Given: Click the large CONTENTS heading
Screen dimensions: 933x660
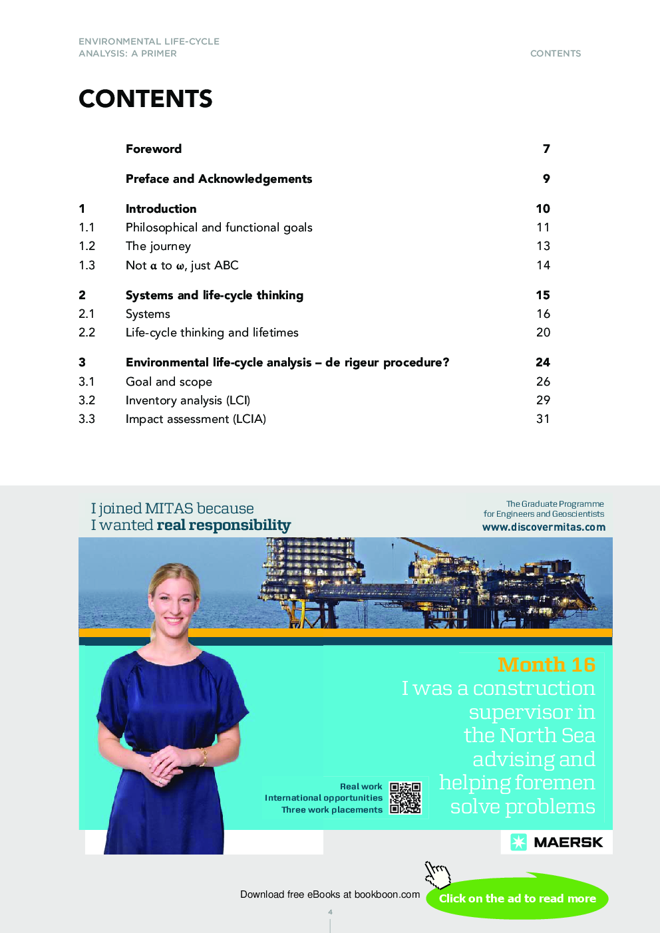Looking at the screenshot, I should [145, 99].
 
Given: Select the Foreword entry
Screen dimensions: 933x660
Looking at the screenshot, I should [154, 149].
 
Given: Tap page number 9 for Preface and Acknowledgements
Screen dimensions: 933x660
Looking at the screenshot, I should [546, 179].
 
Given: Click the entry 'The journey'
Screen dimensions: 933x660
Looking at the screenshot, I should [158, 246].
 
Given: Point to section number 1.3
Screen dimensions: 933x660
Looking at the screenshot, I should [87, 265].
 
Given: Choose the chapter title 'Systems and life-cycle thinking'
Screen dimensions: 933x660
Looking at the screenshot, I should [214, 295].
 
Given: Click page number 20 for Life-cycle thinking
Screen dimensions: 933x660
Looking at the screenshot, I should [543, 333].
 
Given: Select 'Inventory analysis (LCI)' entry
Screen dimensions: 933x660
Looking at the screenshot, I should [188, 400].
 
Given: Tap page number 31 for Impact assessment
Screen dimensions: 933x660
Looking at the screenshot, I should [543, 419].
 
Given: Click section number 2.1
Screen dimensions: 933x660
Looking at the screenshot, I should [87, 314].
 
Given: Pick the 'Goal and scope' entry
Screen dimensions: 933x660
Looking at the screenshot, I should [169, 382].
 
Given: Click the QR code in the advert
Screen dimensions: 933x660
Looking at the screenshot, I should [405, 798].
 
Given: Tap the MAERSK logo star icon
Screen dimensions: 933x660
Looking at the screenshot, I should [518, 842].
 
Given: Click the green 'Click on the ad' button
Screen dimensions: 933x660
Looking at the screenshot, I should [517, 898].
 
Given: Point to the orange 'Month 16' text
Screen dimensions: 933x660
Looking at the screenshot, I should [546, 664].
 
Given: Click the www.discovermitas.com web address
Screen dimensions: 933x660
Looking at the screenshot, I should [544, 527].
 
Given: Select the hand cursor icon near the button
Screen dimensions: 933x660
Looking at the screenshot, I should [437, 874].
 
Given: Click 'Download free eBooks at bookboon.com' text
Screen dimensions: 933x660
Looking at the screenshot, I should [330, 894].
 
